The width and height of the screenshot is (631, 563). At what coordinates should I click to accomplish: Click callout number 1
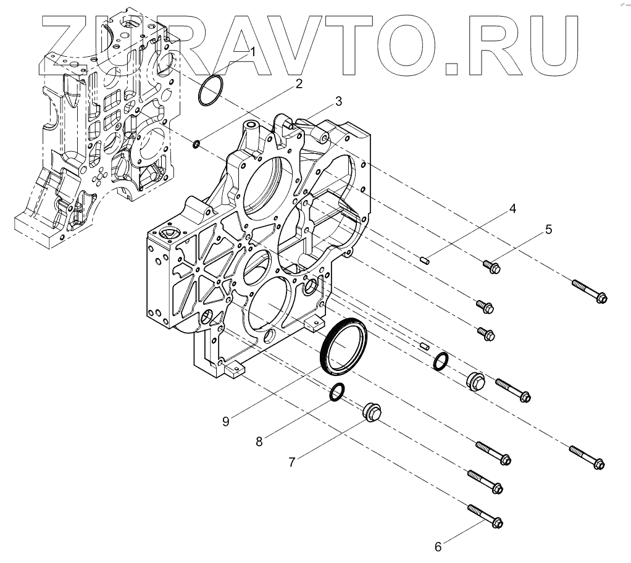point(253,52)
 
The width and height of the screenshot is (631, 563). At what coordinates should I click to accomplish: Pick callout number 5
point(548,230)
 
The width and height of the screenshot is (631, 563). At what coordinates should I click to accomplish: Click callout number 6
point(438,546)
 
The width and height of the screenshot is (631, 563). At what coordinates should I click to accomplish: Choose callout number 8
point(259,441)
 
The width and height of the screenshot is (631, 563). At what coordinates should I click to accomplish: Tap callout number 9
point(226,421)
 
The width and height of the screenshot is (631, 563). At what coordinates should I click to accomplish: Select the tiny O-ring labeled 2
point(196,144)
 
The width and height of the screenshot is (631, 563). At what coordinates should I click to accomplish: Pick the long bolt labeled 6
point(485,517)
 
